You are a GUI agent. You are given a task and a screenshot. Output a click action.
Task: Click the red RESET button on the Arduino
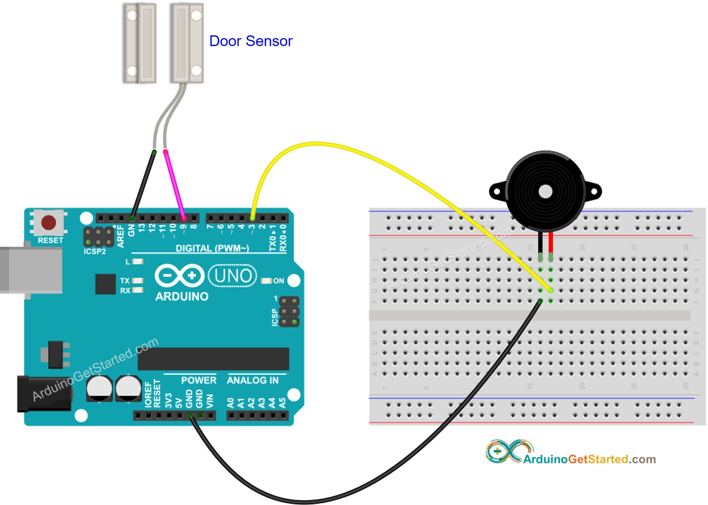[x=48, y=222]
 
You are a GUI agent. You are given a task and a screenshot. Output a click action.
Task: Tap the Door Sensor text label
[x=250, y=41]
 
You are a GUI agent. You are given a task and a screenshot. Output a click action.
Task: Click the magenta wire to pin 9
[x=175, y=185]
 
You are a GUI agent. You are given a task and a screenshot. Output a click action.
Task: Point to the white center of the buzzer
[x=545, y=191]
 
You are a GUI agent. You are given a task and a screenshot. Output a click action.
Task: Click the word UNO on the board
[x=233, y=276]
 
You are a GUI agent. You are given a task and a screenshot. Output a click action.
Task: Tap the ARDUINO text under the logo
[x=182, y=297]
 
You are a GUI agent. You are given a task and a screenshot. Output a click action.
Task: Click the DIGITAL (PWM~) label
[x=212, y=249]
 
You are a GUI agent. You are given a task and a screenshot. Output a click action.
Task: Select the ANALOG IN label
[x=253, y=380]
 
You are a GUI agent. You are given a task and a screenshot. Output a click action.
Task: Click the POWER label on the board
[x=198, y=380]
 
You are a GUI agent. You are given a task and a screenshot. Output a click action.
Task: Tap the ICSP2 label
[x=94, y=252]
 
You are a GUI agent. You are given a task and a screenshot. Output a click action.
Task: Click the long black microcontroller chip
[x=213, y=359]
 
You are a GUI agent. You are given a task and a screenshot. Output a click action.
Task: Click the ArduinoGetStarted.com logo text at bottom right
[x=589, y=459]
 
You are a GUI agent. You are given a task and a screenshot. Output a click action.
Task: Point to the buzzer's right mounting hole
[x=594, y=192]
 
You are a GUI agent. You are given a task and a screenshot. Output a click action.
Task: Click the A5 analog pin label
[x=282, y=403]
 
